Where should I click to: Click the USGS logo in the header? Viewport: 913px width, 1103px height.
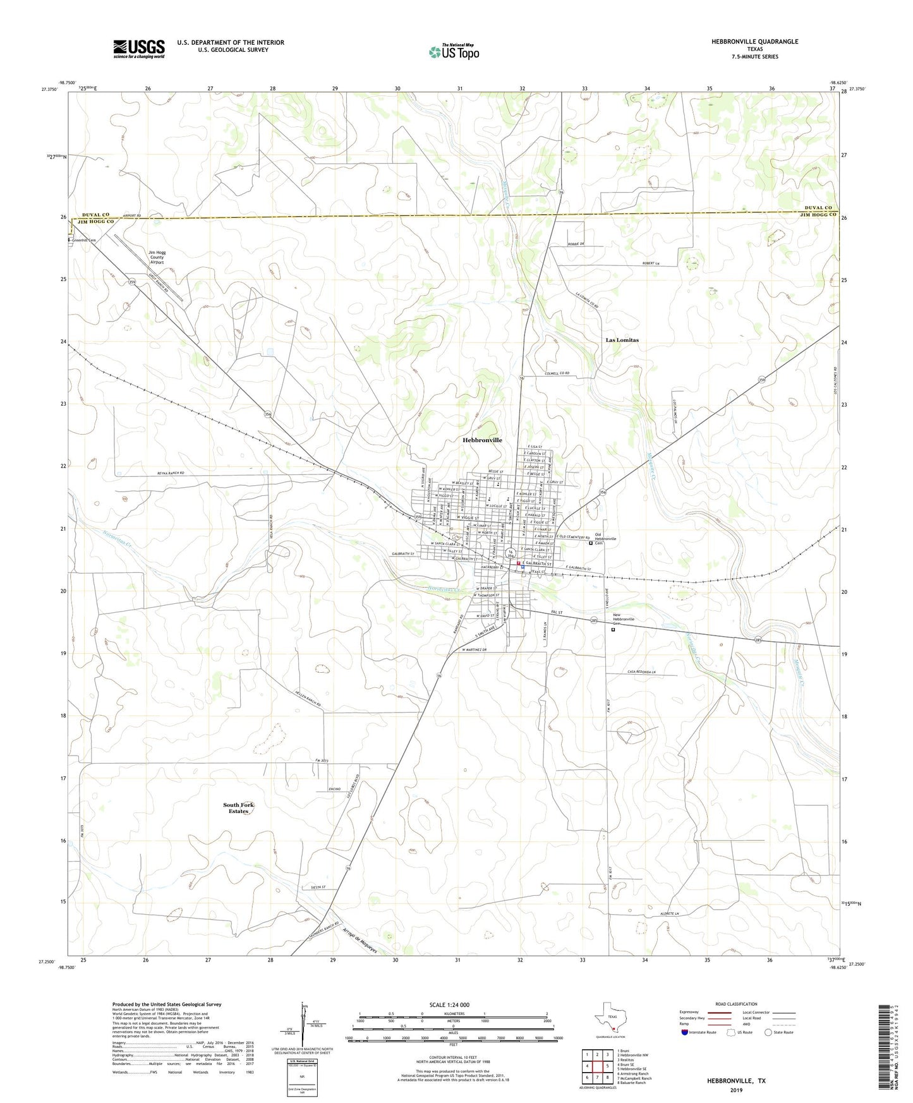click(139, 49)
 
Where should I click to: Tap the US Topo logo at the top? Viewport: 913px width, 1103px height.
click(453, 52)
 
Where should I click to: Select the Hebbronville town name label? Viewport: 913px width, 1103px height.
click(482, 440)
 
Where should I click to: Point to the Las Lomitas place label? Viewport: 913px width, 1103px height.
click(622, 340)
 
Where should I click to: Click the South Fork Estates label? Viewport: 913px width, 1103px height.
click(238, 807)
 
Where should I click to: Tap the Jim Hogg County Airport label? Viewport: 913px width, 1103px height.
click(156, 257)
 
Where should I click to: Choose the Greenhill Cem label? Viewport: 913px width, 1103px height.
click(84, 240)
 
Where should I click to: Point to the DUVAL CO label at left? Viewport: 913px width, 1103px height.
click(94, 215)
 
